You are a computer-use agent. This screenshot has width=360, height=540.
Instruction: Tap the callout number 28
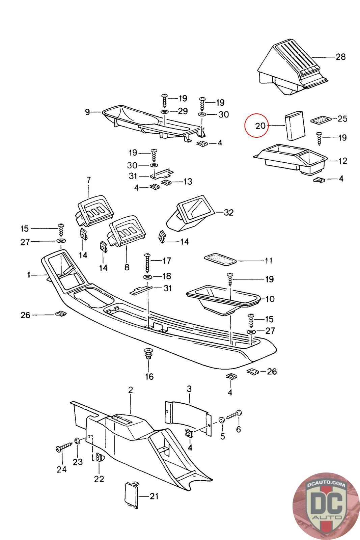[340, 56]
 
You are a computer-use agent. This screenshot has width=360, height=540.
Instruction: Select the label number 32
[228, 213]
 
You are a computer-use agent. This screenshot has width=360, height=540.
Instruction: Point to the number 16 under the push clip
[149, 376]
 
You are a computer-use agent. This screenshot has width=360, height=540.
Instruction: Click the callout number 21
[154, 496]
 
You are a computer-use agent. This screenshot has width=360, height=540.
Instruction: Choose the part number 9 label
[88, 112]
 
